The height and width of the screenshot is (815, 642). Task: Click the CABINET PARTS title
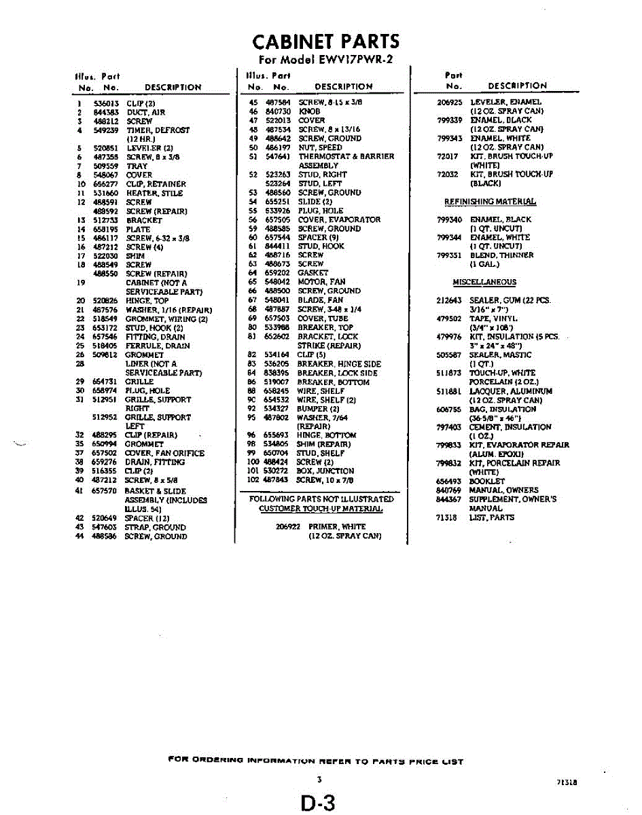(325, 41)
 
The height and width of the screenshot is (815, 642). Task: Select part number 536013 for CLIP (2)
(105, 103)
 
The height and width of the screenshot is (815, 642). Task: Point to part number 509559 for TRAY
(105, 166)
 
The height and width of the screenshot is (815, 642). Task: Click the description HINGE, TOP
(147, 300)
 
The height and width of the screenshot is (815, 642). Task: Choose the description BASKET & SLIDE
(156, 491)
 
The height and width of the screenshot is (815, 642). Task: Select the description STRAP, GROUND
(155, 527)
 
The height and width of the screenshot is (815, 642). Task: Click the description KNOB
(309, 111)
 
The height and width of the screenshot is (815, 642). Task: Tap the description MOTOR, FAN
(321, 282)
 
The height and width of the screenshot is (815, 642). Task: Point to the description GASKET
(313, 273)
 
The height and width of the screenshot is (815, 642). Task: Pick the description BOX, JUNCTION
(325, 471)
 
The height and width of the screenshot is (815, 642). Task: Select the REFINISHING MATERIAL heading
(490, 202)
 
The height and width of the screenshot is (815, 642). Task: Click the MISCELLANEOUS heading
(484, 283)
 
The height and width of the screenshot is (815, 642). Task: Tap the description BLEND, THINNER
(501, 255)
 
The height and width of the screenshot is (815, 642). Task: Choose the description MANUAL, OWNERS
(503, 490)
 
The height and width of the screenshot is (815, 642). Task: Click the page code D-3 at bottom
(319, 803)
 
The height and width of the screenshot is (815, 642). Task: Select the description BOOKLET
(487, 481)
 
